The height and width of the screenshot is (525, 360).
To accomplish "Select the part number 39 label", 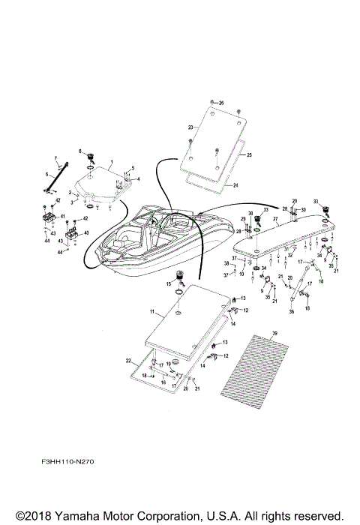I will [x=275, y=332].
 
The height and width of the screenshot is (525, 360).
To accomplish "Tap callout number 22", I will [x=128, y=361].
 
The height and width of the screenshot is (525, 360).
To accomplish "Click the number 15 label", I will [x=169, y=284].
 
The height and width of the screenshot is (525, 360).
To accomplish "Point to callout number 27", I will [x=276, y=220].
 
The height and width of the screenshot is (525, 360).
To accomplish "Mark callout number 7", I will [x=55, y=158].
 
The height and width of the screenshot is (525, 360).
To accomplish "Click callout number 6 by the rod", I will [x=48, y=175].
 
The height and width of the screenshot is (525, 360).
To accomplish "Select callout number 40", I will [x=86, y=233].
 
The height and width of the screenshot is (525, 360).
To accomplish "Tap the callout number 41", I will [x=64, y=216].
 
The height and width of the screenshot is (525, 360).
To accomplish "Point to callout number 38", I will [x=226, y=263].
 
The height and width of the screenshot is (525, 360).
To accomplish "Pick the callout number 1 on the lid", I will [x=111, y=162].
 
